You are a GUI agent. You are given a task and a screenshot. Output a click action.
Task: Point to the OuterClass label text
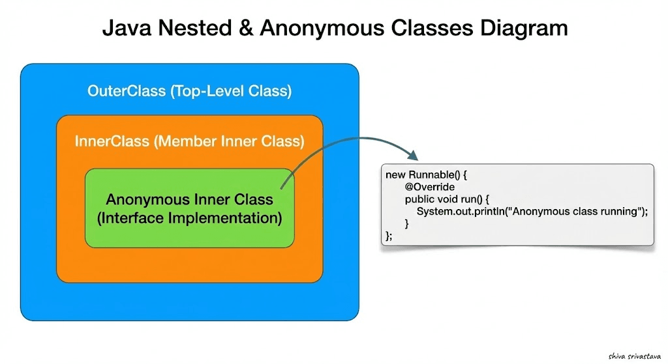coord(127,91)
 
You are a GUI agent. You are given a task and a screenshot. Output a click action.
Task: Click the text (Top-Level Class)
coord(231,91)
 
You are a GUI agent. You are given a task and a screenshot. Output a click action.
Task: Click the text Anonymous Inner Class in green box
coord(189,199)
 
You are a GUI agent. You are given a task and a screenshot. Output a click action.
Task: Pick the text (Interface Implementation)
coord(189,218)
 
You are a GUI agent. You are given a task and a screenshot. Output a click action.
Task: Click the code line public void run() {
coord(451,199)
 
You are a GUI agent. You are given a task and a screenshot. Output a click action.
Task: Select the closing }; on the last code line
coord(389,236)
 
